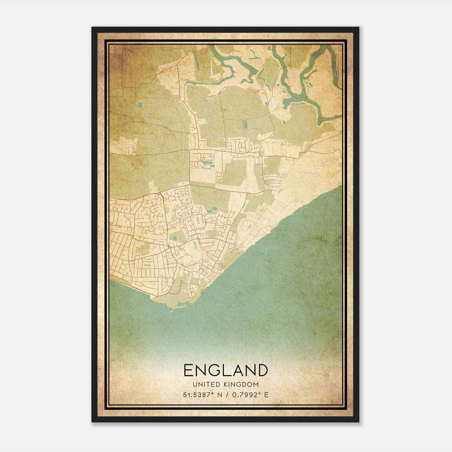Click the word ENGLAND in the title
(225, 370)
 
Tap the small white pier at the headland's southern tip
(172, 311)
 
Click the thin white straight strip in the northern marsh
(211, 68)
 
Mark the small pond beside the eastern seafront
(237, 249)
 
